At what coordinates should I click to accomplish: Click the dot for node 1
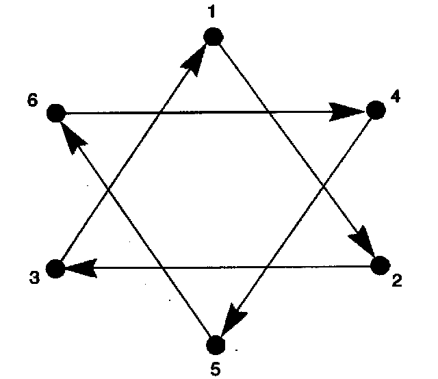point(214,36)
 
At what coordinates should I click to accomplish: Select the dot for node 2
point(380,266)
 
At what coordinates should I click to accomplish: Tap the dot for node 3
point(55,269)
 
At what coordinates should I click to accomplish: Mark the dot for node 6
point(55,113)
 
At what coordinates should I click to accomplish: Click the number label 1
point(212,12)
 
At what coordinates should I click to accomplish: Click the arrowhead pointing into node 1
point(196,57)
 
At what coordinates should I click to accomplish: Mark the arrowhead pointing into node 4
point(346,111)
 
